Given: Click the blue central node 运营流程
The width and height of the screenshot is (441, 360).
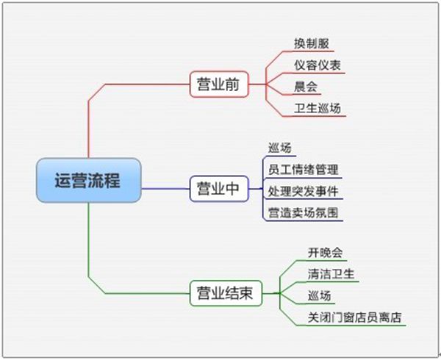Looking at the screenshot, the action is [x=89, y=180].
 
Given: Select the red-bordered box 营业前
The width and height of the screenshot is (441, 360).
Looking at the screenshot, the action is [x=219, y=84].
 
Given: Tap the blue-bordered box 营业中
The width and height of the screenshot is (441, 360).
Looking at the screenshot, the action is [x=219, y=189].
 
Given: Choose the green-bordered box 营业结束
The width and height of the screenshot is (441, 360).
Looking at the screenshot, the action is [x=226, y=293].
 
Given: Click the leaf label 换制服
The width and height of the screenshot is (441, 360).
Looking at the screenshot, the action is [x=312, y=43].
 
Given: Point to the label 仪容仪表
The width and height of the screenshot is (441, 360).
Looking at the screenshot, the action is [x=318, y=65].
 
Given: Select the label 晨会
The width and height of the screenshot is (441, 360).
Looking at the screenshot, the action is [x=306, y=87].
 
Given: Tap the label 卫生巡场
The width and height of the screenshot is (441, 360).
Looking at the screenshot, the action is [x=318, y=108].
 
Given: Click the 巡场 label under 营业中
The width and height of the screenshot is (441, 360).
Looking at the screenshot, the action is [x=279, y=148].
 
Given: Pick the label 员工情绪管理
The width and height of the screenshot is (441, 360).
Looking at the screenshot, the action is [x=303, y=170].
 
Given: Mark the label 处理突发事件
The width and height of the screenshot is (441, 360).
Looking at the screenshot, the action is [x=303, y=191].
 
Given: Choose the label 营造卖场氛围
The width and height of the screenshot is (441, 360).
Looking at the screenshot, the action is [x=303, y=213].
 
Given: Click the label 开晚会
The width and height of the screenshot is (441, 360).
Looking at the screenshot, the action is [x=326, y=253].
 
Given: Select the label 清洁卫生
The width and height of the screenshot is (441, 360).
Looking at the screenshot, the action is [x=331, y=274].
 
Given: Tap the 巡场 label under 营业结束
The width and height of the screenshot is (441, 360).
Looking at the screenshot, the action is [x=320, y=296].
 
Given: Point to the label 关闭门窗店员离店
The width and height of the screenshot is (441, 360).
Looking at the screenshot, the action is [x=354, y=317].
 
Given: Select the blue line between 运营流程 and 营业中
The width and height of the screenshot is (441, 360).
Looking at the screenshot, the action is [x=165, y=189].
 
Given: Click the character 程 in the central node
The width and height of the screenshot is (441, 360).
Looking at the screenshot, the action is [x=112, y=181].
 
